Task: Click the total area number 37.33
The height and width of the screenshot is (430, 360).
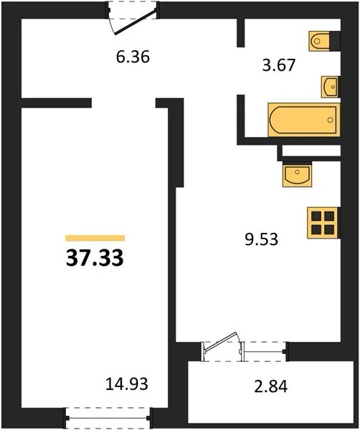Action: pos(95,258)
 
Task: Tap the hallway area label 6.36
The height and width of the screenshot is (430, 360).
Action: pos(133,57)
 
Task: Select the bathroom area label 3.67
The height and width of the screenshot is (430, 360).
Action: pos(278,65)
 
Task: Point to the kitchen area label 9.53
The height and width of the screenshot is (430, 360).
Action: pos(261,239)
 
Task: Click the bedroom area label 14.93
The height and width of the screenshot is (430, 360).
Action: pos(127,383)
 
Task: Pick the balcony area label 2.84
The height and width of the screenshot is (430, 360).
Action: pos(271,387)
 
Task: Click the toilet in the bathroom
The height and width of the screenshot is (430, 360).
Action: pos(319,41)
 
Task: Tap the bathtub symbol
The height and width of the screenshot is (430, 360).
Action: pos(304,120)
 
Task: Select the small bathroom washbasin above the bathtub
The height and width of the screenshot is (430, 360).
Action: pos(331,87)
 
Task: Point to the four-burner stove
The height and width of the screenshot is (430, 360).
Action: pos(323,223)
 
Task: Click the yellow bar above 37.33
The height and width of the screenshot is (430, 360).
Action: pos(95,238)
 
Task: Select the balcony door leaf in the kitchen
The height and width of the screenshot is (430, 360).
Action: pos(221,342)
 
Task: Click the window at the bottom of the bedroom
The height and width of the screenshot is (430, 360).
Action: pos(108,419)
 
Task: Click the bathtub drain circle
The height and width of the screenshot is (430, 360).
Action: pos(331,120)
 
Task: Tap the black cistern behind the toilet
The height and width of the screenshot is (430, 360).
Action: pos(335,41)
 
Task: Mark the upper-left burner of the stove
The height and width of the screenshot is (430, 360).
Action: pos(316,216)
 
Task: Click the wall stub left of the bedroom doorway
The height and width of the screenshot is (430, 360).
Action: pos(57,102)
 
